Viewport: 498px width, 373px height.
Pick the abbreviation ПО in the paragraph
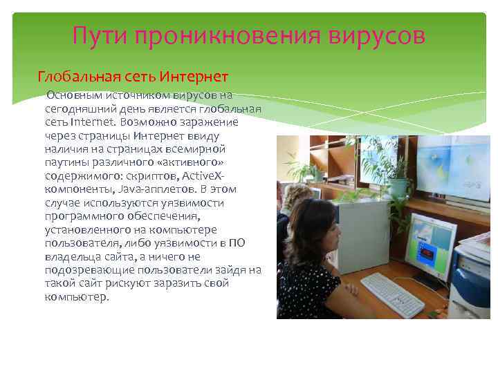click(237, 243)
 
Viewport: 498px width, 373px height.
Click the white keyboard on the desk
click(392, 294)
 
